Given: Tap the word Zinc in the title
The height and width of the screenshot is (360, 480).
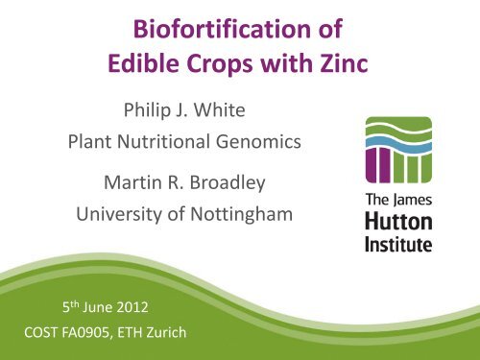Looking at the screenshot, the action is pos(344,63).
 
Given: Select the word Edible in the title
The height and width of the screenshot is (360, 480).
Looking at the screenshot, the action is pos(144,62).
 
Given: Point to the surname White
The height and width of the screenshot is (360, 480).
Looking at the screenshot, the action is pos(220,109).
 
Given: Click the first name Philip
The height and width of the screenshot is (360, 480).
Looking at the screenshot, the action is pos(147,110).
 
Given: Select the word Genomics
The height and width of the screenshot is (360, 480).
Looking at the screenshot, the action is pos(258,142).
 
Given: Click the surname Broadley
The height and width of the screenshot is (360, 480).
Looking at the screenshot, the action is pos(228,183).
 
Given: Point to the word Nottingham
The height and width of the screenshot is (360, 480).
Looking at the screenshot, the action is pos(242,215).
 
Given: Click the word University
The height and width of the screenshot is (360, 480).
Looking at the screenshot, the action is pos(119,215).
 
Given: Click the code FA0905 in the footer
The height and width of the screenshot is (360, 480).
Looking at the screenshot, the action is pos(85,332).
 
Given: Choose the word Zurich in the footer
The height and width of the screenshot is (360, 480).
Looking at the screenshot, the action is pos(166,332).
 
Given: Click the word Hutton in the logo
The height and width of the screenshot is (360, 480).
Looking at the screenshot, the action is pos(398,222).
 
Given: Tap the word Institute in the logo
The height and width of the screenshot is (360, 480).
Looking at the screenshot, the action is pos(398,244).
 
